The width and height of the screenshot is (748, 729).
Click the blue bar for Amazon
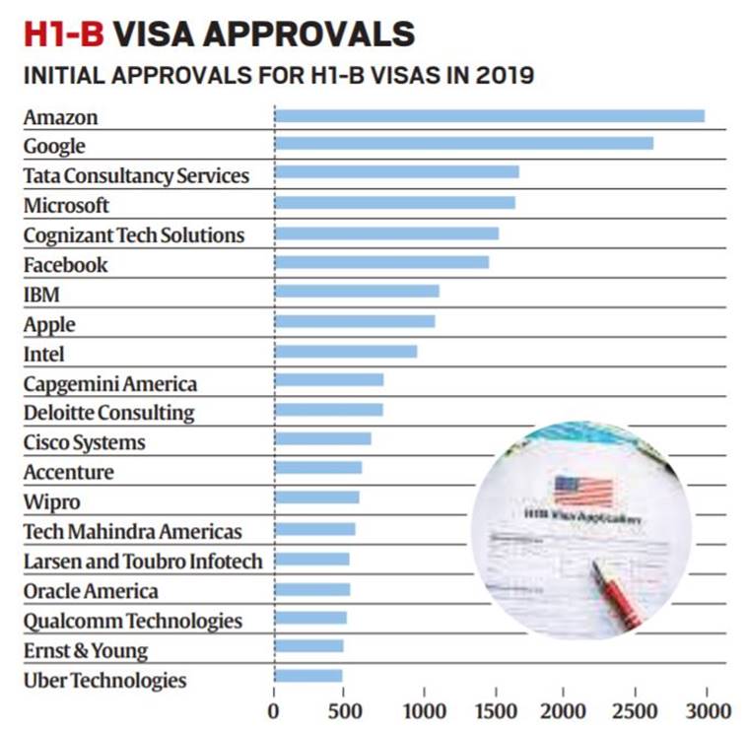click(490, 116)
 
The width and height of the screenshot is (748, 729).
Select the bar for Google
click(464, 144)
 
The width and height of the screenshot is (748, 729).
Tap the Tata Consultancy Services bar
click(397, 172)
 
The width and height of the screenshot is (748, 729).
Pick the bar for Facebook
click(382, 262)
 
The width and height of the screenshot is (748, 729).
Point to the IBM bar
click(357, 292)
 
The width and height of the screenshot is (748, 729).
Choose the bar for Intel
click(346, 352)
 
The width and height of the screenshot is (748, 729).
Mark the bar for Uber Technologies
click(308, 676)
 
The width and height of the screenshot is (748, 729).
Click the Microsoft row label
click(67, 206)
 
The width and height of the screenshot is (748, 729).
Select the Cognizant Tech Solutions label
click(134, 235)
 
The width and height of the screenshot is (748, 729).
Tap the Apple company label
click(49, 324)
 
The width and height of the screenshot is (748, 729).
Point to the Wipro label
click(52, 502)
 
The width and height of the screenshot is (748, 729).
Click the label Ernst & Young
click(86, 650)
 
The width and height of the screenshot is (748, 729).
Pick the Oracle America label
click(91, 591)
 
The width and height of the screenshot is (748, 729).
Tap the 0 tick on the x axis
click(274, 709)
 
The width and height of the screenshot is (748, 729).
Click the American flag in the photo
click(582, 490)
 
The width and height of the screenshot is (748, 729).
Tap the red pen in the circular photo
click(618, 592)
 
